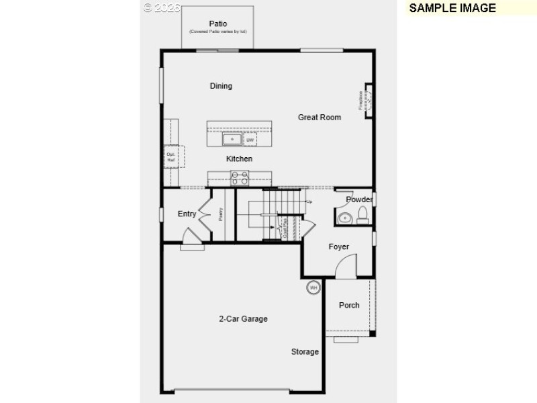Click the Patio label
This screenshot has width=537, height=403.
217,24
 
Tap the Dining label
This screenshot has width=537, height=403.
221,86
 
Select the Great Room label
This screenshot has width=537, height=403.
320,118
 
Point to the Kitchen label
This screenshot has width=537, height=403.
239,159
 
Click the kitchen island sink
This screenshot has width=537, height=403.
233,140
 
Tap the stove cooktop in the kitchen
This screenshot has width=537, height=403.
240,178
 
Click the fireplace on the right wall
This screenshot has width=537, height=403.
368,101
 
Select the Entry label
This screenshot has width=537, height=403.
187,214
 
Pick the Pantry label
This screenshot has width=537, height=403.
221,214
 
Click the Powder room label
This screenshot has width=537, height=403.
359,200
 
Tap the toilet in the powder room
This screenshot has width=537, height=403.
362,215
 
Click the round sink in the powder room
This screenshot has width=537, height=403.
345,218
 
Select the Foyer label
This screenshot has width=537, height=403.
338,247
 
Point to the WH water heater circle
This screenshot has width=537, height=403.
313,288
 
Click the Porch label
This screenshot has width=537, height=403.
349,306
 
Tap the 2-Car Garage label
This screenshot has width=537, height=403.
243,319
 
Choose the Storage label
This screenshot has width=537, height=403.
305,352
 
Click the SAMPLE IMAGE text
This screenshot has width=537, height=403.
452,8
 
